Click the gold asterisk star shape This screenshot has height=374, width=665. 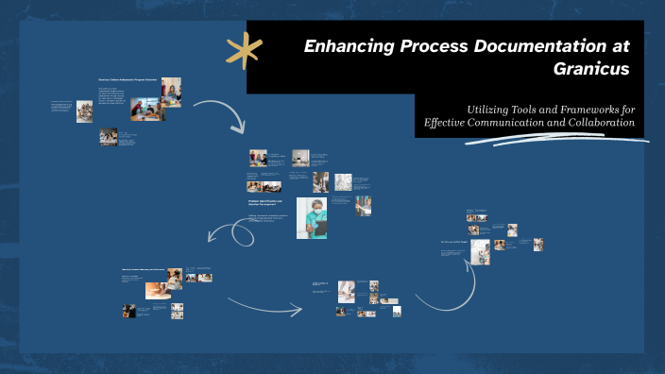[x=244, y=50]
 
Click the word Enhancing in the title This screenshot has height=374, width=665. [x=349, y=46]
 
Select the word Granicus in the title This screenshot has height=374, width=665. [x=591, y=69]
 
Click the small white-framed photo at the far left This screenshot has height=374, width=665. [x=84, y=111]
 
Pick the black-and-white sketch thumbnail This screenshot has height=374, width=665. [x=343, y=181]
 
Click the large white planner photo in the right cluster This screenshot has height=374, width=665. [x=480, y=252]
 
